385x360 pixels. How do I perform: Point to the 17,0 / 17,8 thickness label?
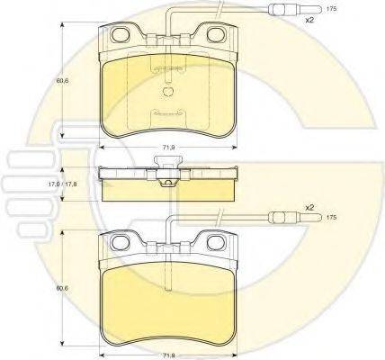pos(63,184)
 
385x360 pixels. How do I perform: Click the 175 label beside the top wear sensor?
pos(331,9)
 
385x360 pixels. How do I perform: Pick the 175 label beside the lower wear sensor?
pos(331,218)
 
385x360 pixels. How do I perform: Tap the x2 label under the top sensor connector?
pos(309,21)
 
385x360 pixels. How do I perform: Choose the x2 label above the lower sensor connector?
pos(309,207)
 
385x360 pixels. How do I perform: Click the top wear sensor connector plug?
pos(295,9)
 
